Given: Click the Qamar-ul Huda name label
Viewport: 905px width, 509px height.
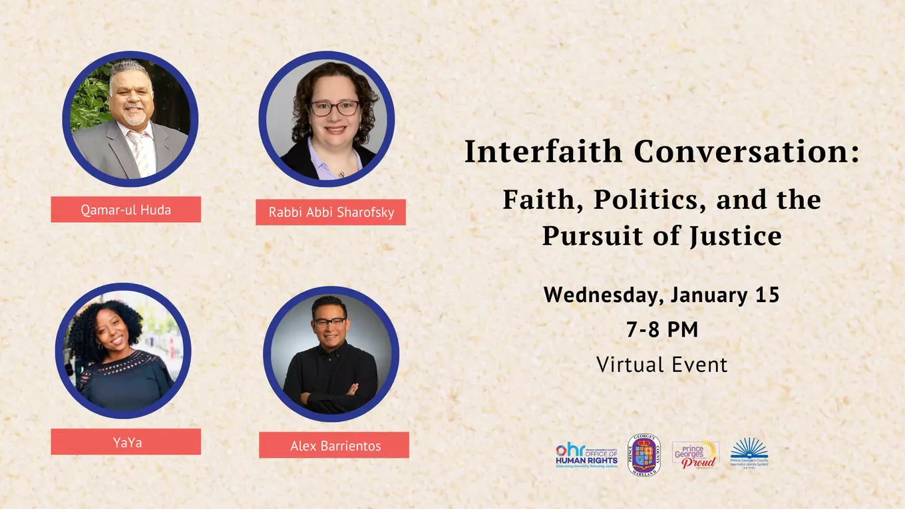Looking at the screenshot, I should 126,210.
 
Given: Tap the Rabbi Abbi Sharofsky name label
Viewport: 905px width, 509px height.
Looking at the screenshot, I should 331,212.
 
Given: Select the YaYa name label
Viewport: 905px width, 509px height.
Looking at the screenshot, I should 126,442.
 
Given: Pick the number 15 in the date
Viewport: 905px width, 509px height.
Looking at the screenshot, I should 767,295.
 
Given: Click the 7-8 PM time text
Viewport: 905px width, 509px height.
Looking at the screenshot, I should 662,329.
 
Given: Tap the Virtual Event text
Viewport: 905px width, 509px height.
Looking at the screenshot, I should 662,365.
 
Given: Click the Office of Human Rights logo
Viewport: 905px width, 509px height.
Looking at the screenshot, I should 587,455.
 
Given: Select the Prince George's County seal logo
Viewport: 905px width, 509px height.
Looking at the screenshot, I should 644,455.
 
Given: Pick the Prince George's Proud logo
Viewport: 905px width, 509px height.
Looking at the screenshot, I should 695,455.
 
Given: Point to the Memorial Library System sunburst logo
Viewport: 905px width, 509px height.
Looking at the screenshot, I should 749,452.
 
